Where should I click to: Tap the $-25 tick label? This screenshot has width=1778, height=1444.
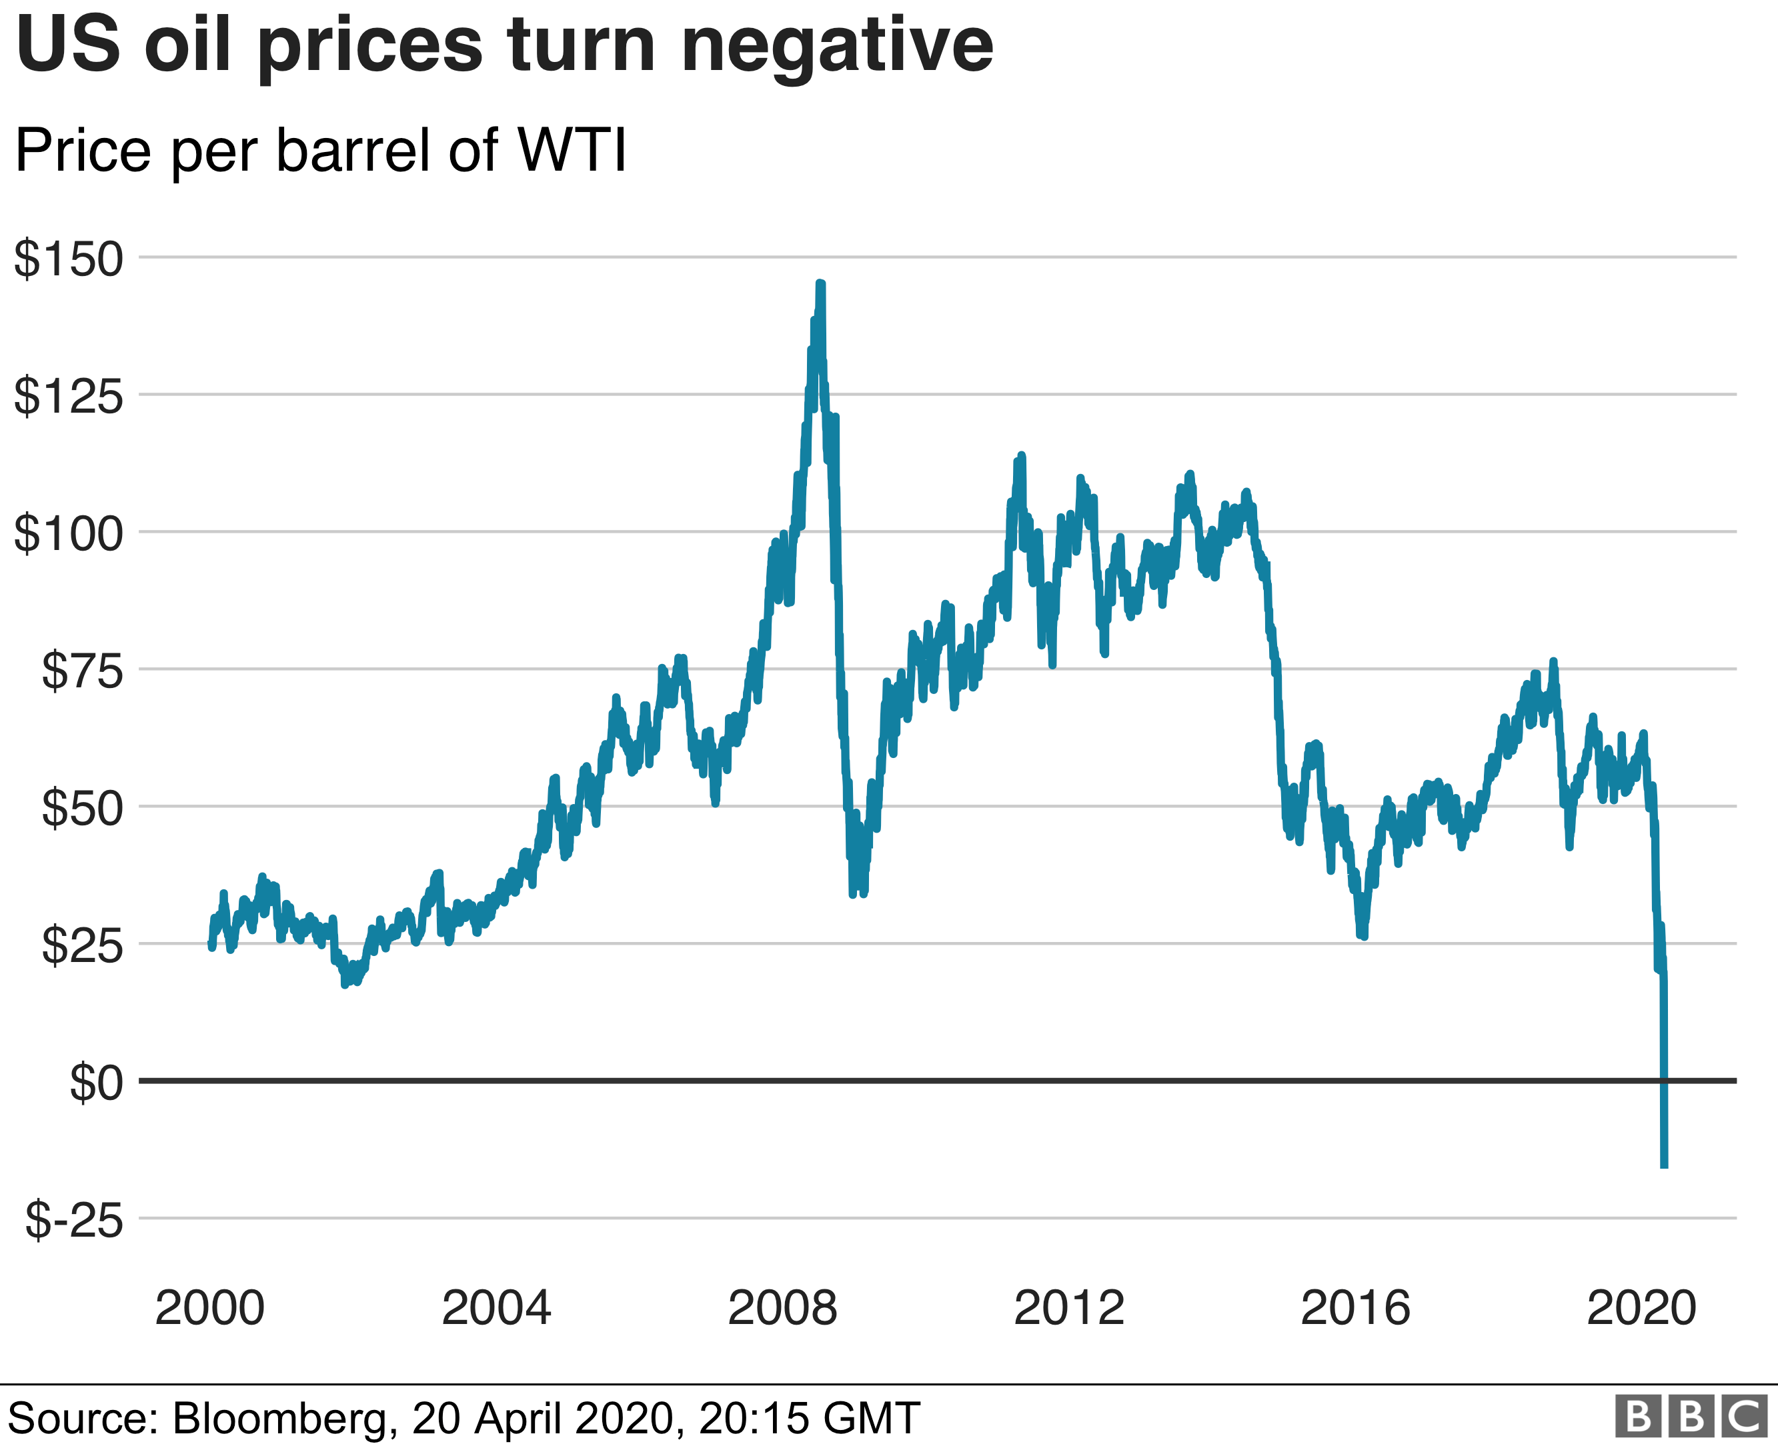click(x=74, y=1220)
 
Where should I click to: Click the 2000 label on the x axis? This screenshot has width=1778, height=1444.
click(x=209, y=1307)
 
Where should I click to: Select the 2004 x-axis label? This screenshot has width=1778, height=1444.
click(x=496, y=1307)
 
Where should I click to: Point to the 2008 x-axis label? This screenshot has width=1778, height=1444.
click(x=782, y=1307)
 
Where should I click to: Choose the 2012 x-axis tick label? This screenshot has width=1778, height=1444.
click(x=1069, y=1307)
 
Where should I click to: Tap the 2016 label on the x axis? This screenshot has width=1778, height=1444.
click(x=1355, y=1307)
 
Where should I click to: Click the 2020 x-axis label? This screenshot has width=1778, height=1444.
click(x=1641, y=1307)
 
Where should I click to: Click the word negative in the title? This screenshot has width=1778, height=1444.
click(x=836, y=46)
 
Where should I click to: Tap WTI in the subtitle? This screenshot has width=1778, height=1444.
click(x=572, y=151)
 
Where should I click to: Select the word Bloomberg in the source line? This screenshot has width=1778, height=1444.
click(x=279, y=1418)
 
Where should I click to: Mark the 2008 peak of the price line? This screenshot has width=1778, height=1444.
click(x=820, y=285)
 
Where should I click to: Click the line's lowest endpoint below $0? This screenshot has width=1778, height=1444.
click(x=1664, y=1166)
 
